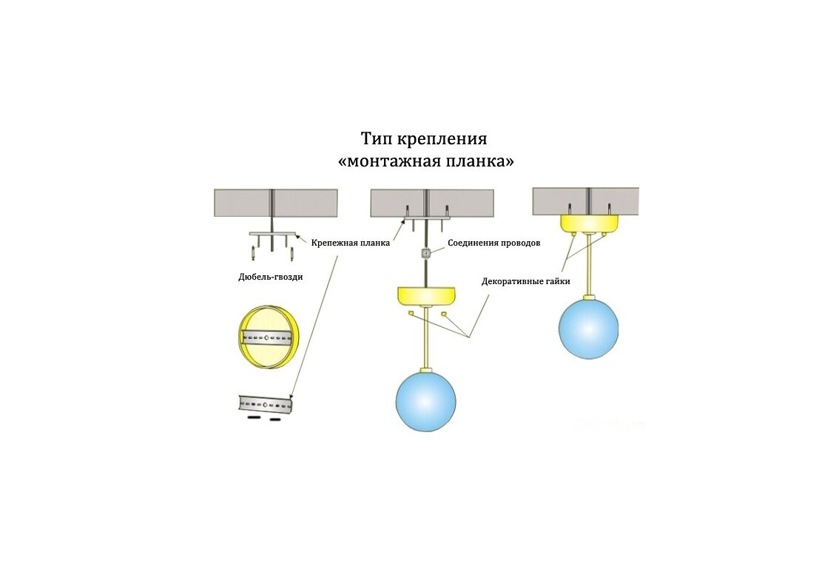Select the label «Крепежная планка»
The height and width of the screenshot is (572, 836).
coord(350,243)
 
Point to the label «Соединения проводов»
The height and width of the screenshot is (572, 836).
coord(493,243)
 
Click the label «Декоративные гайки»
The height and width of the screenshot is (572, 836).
coord(526,281)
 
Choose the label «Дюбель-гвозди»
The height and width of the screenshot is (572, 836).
coord(270,277)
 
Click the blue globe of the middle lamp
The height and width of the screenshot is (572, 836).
coord(425,401)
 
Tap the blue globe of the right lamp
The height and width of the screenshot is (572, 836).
coord(589,329)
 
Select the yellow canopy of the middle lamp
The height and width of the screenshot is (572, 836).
coord(427,295)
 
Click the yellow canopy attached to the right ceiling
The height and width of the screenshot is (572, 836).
coord(589,223)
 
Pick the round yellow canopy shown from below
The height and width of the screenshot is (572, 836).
coord(268,337)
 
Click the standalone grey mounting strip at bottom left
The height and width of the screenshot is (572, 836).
coord(266,405)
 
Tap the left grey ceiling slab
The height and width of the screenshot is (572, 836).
coord(276,203)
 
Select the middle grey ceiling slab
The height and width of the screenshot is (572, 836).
coord(432,203)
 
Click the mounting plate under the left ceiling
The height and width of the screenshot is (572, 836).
coord(272,234)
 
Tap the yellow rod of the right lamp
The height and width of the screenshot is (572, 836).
coord(589,264)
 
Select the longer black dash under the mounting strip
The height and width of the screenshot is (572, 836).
coord(254,419)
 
